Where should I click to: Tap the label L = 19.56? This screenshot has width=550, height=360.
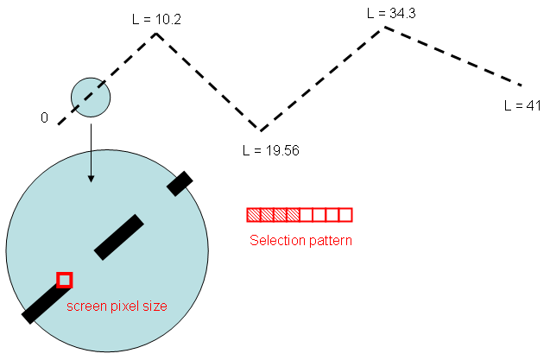[x=270, y=149]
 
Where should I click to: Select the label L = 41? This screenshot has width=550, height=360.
[x=522, y=105]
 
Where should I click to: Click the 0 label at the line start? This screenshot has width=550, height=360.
[x=44, y=117]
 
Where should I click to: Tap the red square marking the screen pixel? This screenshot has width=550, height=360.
[x=64, y=280]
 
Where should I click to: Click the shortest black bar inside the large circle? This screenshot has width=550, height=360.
[x=180, y=183]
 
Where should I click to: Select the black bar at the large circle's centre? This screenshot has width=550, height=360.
[x=118, y=237]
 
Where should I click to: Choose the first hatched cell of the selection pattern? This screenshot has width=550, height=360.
[x=254, y=215]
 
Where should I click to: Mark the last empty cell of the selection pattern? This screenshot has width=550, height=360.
[x=345, y=215]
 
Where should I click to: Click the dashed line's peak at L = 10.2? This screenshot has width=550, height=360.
[x=156, y=34]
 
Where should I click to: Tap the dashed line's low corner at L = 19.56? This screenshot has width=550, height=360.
[x=260, y=130]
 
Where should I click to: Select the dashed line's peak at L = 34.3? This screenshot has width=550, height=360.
[x=385, y=28]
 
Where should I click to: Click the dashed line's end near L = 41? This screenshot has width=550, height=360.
[x=521, y=85]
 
